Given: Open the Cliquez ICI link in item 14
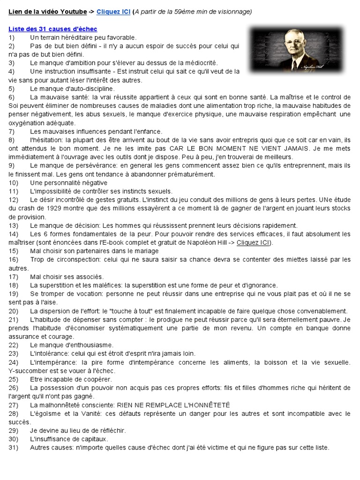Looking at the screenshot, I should [x=254, y=242].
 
